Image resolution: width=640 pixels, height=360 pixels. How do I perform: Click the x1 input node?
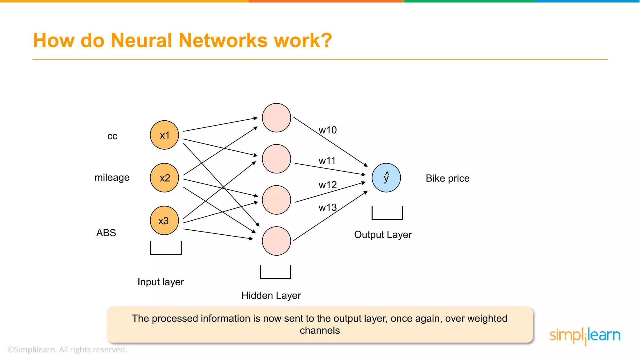[164, 135]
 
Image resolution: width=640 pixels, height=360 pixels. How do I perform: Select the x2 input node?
[164, 178]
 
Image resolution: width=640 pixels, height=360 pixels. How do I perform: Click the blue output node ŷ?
[386, 177]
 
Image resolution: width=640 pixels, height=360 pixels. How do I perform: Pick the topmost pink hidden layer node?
[277, 118]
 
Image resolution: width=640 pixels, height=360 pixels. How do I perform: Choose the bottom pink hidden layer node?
[277, 241]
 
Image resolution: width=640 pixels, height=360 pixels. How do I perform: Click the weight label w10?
[327, 130]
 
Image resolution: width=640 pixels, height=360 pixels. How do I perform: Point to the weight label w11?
[327, 161]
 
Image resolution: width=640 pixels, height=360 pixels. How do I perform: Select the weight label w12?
[327, 185]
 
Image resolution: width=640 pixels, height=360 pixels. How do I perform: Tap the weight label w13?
[327, 207]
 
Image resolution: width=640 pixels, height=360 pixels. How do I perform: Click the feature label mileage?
[112, 177]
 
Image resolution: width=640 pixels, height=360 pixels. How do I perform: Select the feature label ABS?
[106, 233]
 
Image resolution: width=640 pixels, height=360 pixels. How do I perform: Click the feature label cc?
[112, 136]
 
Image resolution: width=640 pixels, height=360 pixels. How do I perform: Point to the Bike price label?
[447, 178]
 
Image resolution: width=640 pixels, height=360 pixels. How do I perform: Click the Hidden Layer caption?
[271, 295]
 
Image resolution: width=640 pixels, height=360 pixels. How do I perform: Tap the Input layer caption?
[161, 282]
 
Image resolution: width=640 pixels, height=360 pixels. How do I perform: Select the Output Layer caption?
[383, 234]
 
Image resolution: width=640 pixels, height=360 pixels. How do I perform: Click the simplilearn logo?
[585, 336]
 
